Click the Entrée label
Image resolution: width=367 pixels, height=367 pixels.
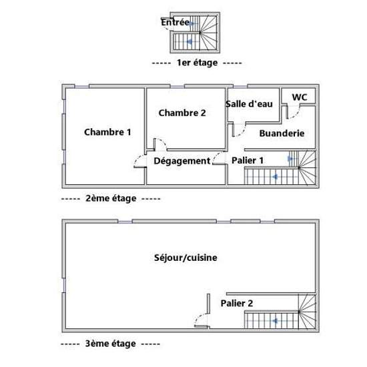175,23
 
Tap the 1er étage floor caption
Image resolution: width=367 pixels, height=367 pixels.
197,63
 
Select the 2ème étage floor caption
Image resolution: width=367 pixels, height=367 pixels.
111,199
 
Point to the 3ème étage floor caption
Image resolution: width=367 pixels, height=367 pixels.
111,344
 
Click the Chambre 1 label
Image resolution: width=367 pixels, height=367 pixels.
107,132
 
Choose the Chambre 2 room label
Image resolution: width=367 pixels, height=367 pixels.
182,113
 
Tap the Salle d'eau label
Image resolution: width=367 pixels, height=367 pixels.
249,104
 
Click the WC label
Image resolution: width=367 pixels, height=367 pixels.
300,97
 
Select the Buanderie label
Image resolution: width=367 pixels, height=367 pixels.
282,133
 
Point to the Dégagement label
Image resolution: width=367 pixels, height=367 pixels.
182,161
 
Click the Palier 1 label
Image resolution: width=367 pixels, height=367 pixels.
248,161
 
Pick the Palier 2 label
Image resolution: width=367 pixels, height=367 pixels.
237,304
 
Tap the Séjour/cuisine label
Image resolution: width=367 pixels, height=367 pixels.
186,258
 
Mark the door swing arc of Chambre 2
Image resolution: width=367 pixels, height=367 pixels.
163,141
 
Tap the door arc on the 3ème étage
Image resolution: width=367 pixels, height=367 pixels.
198,316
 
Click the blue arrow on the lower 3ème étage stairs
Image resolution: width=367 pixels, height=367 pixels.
276,321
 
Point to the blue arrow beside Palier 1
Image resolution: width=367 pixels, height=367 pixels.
290,159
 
